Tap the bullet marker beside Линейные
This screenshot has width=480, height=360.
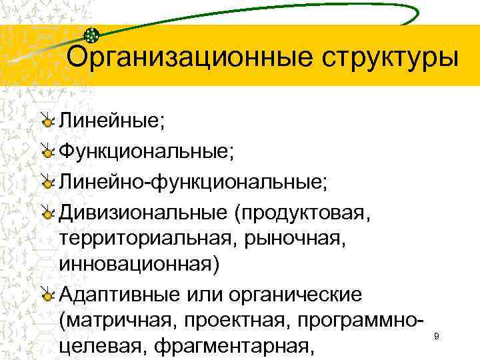point(47,121)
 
